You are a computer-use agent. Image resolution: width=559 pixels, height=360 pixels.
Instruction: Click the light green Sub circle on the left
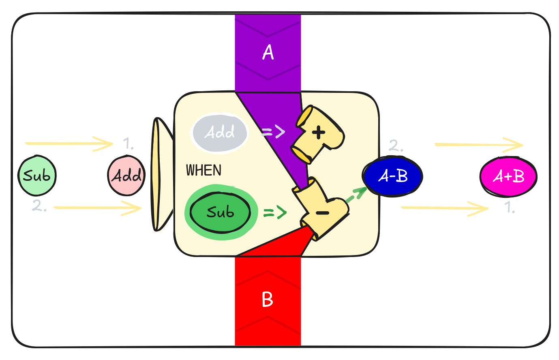tap(37, 176)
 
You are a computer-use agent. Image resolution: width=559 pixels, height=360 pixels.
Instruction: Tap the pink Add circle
tap(126, 176)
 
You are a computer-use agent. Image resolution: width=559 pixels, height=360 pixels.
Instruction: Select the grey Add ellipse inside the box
tap(220, 132)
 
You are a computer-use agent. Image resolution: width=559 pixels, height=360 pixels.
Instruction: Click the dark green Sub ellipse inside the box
tap(220, 212)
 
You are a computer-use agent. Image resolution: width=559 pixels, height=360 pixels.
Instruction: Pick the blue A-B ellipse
tap(392, 176)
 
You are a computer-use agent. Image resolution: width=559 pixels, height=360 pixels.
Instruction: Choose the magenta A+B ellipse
tap(508, 176)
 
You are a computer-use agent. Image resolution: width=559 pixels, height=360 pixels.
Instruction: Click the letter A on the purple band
tap(268, 52)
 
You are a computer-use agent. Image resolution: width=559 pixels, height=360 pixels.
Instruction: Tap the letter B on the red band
tap(268, 300)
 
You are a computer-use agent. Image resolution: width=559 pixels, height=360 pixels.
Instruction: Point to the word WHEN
tap(203, 170)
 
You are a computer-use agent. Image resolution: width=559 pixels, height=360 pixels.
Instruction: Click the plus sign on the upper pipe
tap(319, 132)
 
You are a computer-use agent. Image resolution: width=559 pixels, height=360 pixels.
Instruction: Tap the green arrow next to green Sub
tap(275, 212)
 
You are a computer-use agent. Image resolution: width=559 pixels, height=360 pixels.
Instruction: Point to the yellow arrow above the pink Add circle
tap(69, 143)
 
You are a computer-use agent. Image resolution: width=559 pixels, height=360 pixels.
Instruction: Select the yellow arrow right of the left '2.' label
tap(97, 208)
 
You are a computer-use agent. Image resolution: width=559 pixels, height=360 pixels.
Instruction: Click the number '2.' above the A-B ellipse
tap(396, 145)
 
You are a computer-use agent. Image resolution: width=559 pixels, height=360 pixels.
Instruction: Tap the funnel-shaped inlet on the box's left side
tap(161, 174)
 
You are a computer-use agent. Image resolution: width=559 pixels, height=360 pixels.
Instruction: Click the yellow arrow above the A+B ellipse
tap(478, 144)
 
